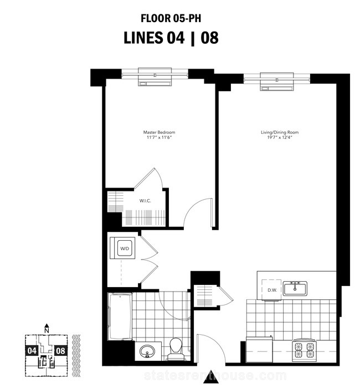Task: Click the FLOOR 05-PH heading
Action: pos(171,19)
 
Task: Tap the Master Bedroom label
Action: pos(159,132)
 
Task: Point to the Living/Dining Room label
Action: pos(280,132)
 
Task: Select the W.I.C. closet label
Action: pos(145,201)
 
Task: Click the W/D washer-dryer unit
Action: pos(125,248)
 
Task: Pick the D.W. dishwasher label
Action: pos(272,290)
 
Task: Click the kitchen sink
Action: pos(295,288)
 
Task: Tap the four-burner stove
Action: pos(305,350)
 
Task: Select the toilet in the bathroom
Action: pos(176,349)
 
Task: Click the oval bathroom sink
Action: pos(147,351)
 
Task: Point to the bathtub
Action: pos(120,317)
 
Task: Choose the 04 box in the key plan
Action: pos(32,351)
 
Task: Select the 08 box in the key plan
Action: pos(60,351)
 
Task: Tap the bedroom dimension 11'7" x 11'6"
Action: pos(159,138)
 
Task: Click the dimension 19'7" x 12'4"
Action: pos(280,138)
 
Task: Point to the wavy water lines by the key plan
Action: pos(76,356)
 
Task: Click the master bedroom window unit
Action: pos(155,77)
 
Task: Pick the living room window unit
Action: pos(277,81)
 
